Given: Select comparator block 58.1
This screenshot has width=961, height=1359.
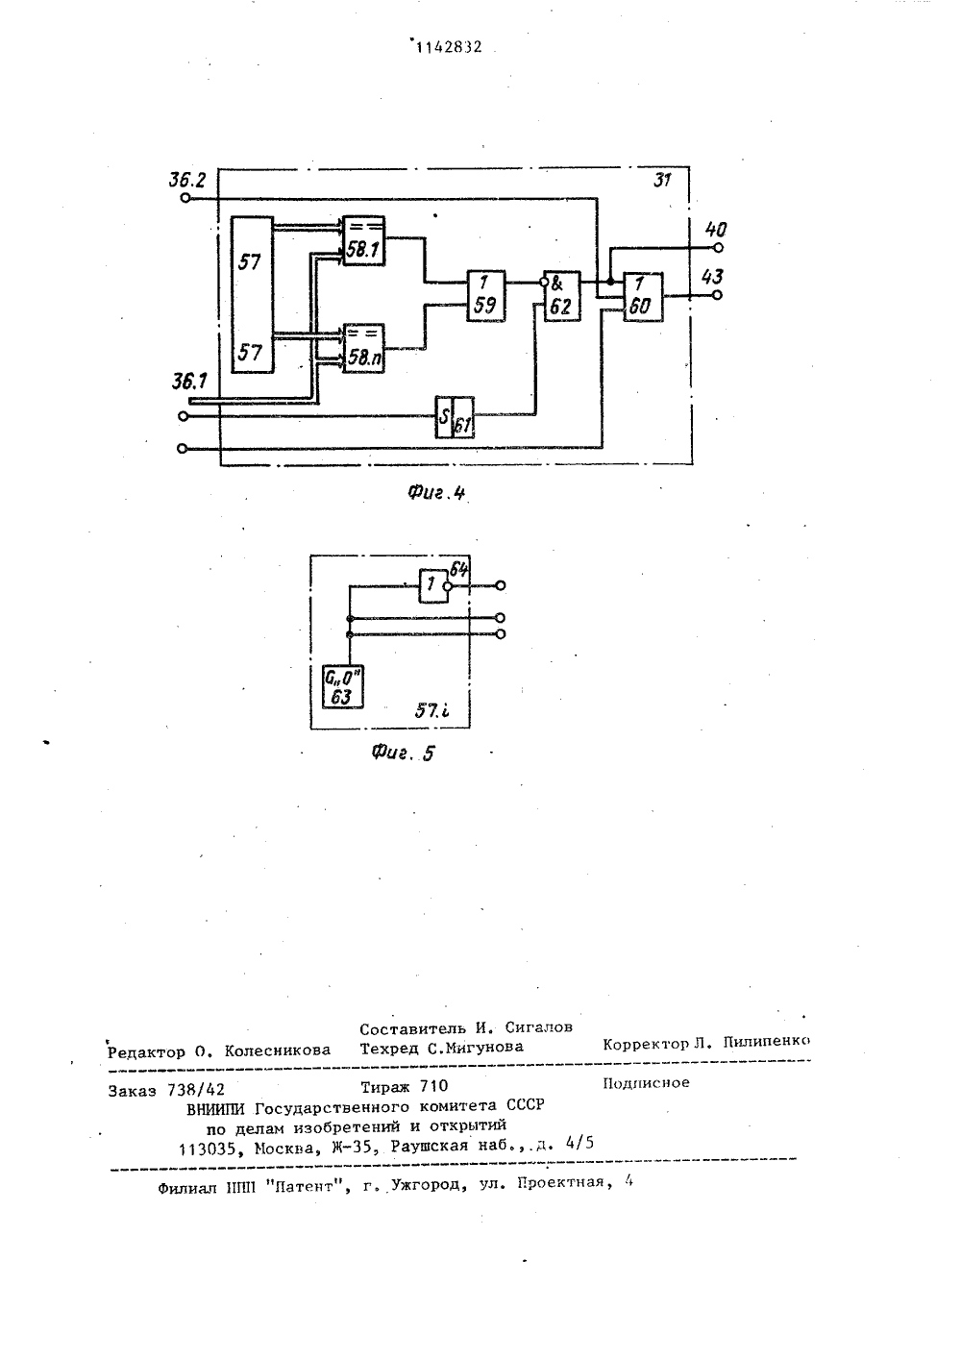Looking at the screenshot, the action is tap(364, 241).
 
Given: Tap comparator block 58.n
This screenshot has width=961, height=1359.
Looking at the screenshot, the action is tap(364, 348).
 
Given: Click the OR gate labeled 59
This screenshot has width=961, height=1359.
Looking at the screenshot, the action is tap(486, 295).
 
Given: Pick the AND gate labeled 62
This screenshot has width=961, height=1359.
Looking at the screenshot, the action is tap(562, 295).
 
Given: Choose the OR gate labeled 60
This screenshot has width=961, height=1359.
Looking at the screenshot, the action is tap(644, 297).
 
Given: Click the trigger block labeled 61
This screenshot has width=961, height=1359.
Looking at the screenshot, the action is tap(455, 417).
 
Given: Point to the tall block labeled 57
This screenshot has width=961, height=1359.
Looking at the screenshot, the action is tap(253, 294).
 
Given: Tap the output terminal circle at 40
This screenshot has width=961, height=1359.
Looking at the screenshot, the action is tap(718, 248).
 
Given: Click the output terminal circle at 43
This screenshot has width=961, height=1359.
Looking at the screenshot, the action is tap(717, 295).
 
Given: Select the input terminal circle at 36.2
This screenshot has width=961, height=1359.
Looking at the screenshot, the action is tap(185, 198).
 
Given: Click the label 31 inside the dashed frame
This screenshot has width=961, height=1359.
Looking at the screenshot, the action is tap(662, 180).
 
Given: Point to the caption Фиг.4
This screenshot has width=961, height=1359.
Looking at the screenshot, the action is tap(436, 493).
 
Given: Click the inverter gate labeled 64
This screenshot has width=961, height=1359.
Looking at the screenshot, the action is tap(434, 586).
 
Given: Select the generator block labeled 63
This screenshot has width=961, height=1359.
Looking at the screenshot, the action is tap(343, 686).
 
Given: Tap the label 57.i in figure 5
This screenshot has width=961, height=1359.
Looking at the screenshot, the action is tap(431, 710).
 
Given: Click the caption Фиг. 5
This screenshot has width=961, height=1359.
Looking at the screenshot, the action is tap(403, 754).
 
